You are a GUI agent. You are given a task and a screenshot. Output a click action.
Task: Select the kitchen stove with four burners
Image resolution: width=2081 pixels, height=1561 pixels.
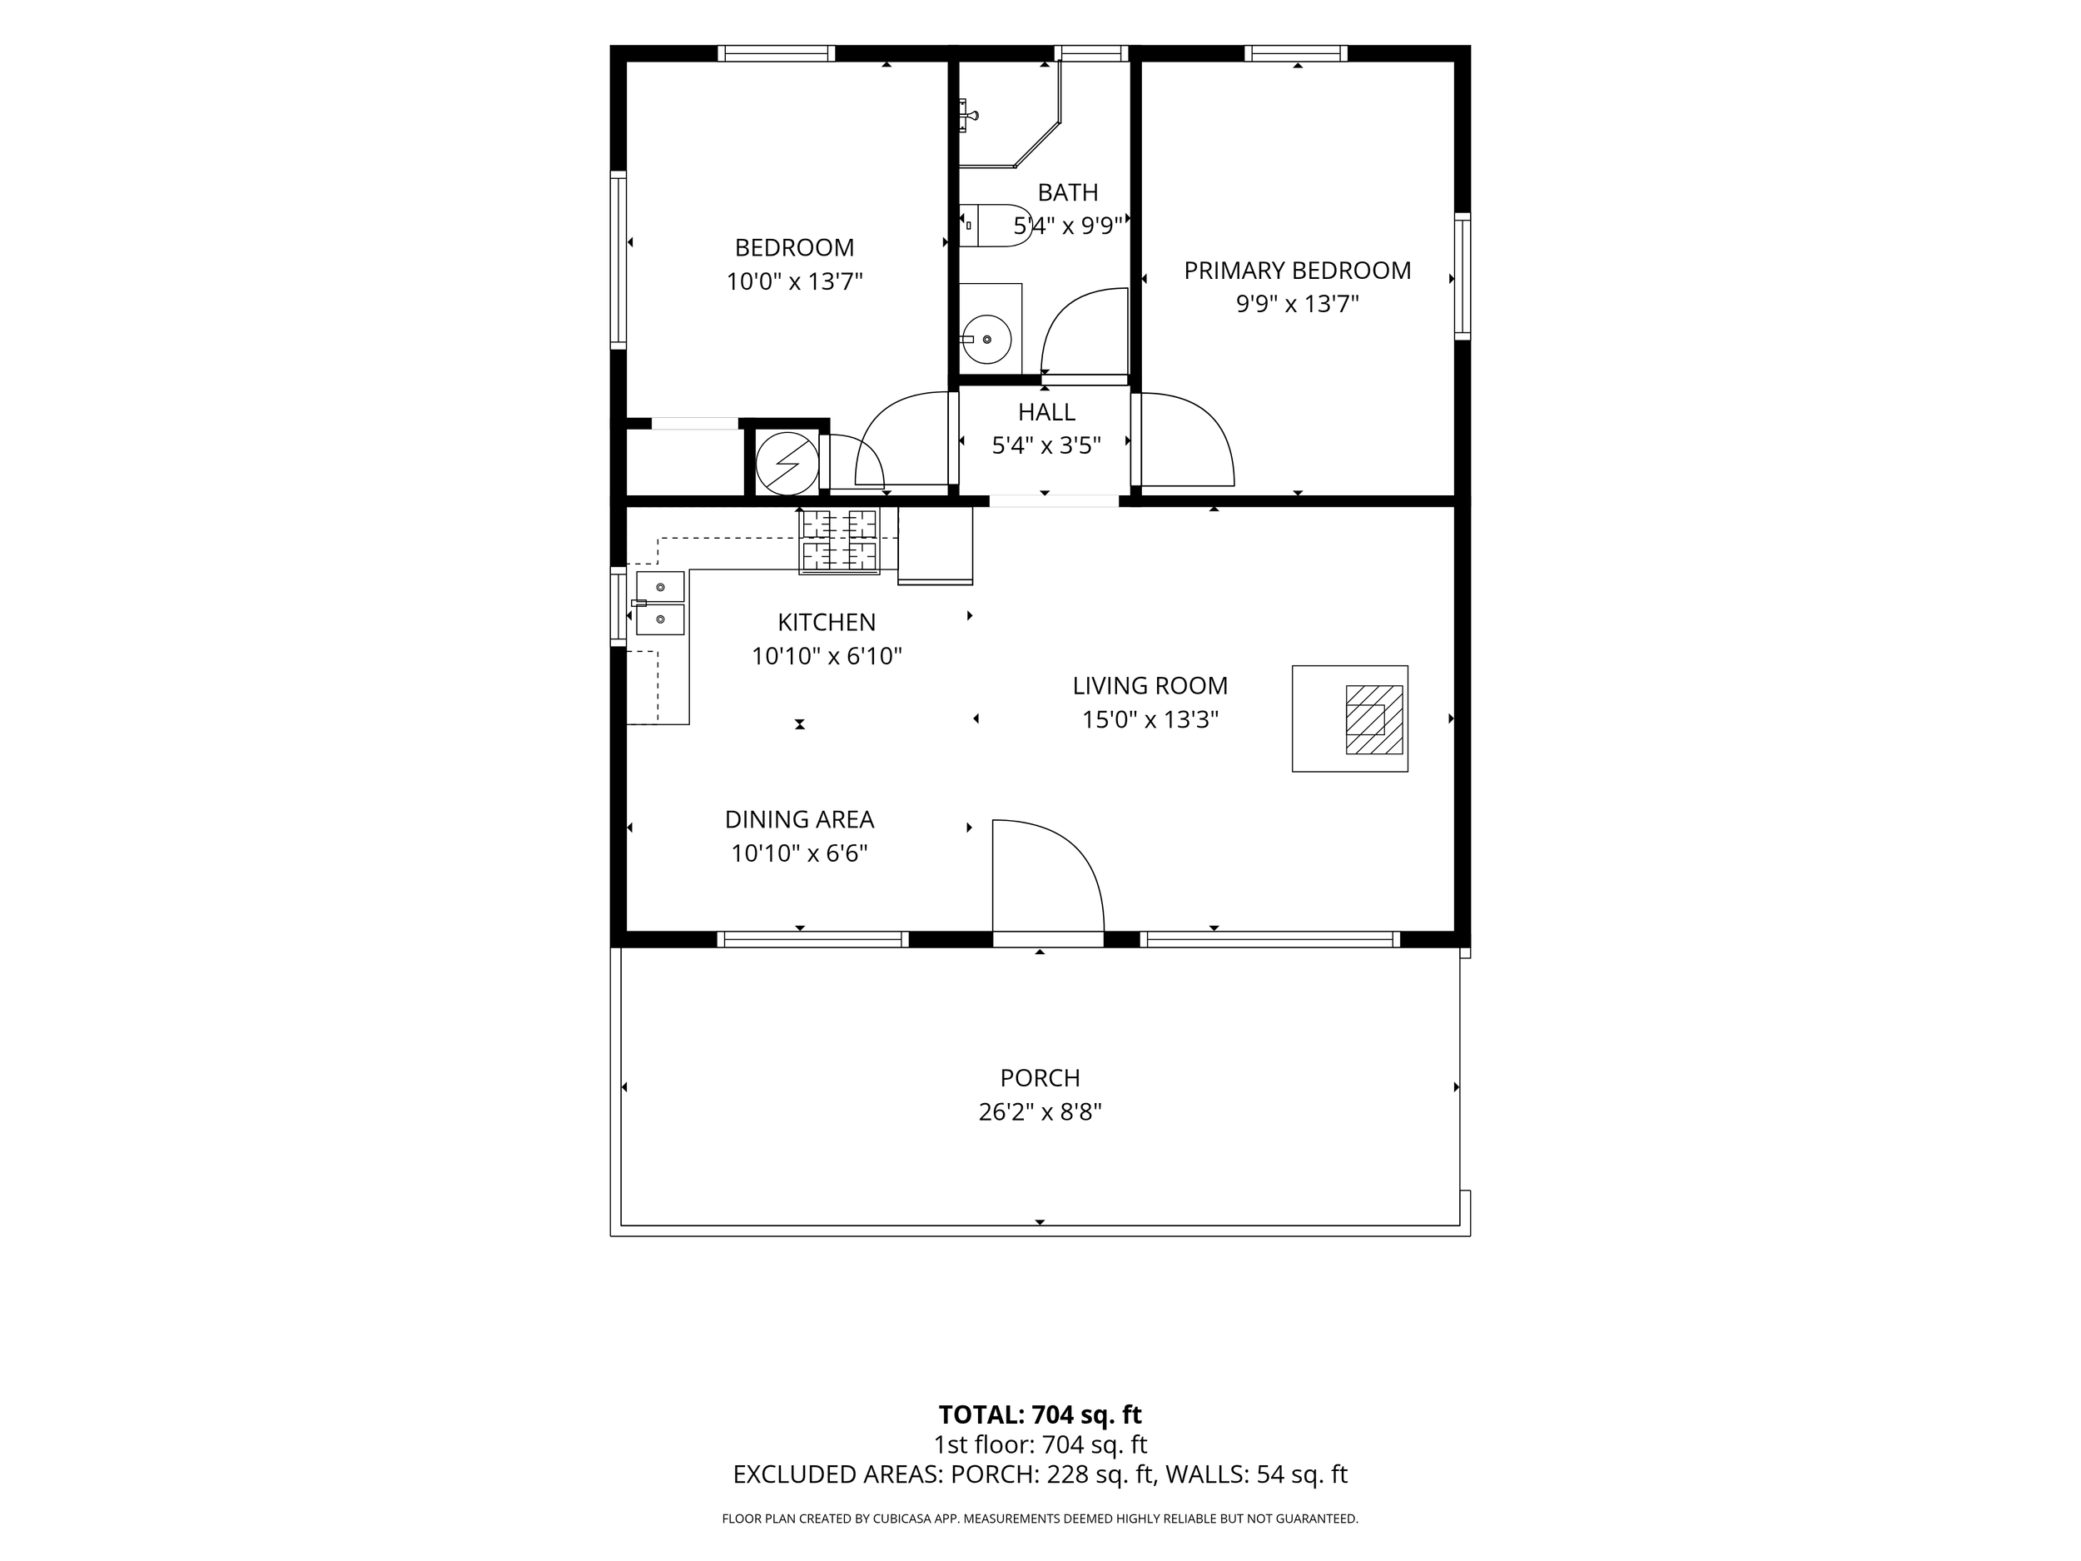point(839,540)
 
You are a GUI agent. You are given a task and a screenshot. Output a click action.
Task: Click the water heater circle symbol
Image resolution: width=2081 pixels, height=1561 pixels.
point(787,463)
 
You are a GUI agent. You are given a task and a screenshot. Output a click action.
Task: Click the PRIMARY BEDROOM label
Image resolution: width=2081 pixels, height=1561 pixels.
point(1298,271)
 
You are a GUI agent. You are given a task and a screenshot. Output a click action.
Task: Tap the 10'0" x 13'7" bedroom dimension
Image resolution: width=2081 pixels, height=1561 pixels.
point(794,281)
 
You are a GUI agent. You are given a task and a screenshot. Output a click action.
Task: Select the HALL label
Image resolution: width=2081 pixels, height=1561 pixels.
point(1046,412)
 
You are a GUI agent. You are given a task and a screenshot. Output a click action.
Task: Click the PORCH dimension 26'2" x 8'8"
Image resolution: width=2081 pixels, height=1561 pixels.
point(1040,1112)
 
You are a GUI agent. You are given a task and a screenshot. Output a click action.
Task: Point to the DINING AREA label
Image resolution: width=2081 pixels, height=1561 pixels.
point(799,819)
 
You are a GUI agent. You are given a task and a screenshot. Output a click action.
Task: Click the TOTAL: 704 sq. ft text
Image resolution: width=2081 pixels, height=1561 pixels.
point(1040,1414)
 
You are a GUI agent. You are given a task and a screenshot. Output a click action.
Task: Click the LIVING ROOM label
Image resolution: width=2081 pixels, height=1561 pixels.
point(1150,686)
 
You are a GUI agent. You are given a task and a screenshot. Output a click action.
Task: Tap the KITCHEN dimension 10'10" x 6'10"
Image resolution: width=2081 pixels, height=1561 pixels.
point(826,656)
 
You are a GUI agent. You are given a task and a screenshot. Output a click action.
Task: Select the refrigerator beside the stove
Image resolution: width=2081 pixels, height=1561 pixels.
point(935,546)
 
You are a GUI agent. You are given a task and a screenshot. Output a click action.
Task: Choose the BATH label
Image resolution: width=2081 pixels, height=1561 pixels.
point(1068,192)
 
